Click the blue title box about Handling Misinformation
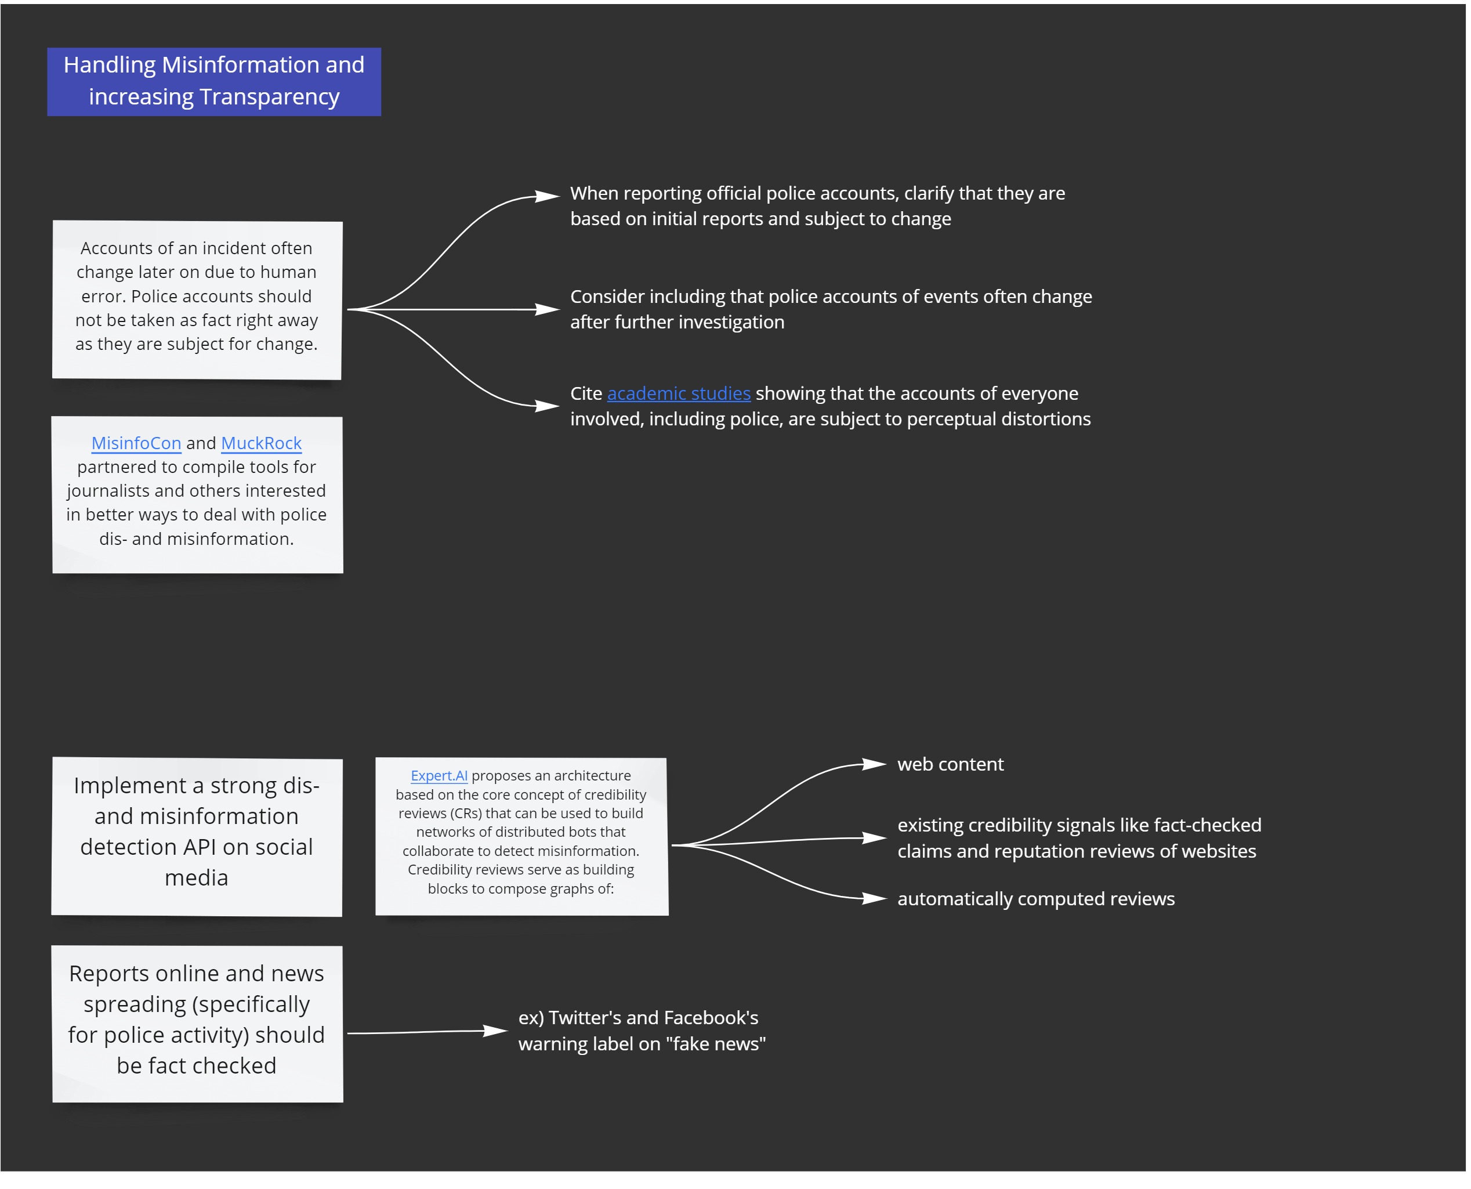(213, 81)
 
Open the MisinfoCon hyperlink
(136, 443)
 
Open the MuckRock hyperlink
(262, 443)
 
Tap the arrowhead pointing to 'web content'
(874, 764)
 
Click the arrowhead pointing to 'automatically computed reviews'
(874, 899)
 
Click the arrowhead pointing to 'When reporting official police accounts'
(547, 197)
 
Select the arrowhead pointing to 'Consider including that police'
(547, 309)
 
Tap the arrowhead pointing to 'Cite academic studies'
(547, 406)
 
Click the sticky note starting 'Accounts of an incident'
(197, 300)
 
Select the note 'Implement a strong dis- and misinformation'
(197, 836)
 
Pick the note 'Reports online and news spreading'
(198, 1024)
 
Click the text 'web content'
(950, 764)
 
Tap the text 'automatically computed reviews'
(1035, 899)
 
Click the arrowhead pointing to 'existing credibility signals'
(874, 839)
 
